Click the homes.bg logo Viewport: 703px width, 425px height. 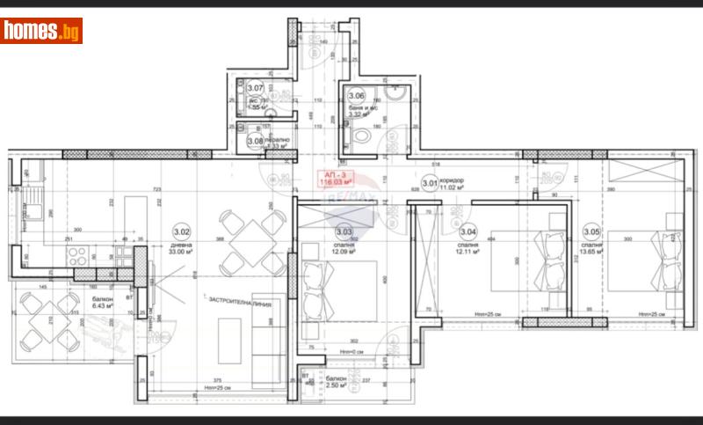(x=41, y=32)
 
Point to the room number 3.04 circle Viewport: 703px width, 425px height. (x=467, y=232)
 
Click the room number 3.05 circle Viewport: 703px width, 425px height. (x=591, y=232)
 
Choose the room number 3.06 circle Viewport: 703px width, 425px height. (x=357, y=97)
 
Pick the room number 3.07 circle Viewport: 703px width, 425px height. (x=256, y=88)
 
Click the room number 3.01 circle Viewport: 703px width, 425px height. (x=430, y=184)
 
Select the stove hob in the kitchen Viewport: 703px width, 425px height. (x=77, y=258)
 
